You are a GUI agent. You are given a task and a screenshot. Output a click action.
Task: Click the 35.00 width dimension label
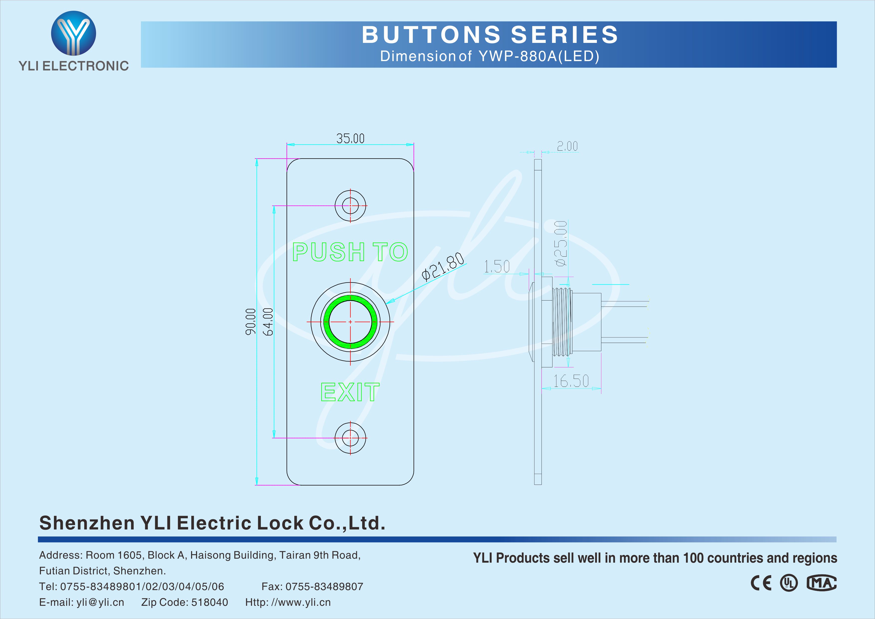(350, 138)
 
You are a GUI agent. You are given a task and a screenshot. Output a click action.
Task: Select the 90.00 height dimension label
(250, 322)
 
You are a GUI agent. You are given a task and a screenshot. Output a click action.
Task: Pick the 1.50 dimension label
(497, 266)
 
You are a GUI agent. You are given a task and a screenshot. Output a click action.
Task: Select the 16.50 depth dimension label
(571, 381)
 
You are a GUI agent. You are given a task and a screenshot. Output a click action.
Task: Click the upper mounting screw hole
(350, 206)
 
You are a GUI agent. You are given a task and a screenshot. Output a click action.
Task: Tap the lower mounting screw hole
(350, 438)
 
